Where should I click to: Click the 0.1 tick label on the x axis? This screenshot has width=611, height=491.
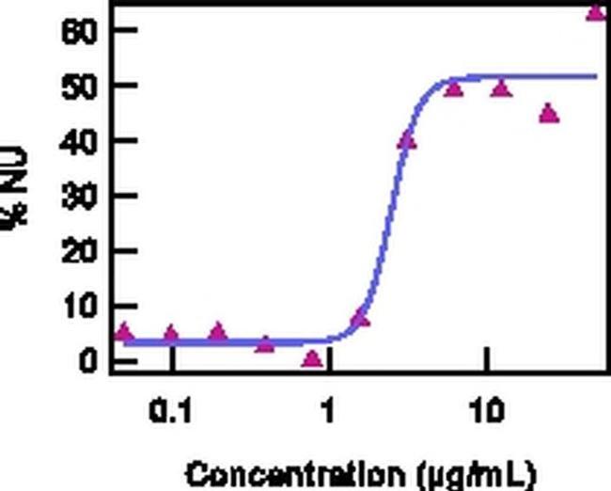click(x=172, y=411)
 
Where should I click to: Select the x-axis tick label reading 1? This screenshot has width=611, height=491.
click(x=328, y=411)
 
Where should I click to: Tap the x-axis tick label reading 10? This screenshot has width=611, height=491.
click(x=486, y=411)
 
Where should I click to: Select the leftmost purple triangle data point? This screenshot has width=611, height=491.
click(x=124, y=333)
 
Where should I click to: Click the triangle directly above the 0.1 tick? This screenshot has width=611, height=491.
click(x=171, y=334)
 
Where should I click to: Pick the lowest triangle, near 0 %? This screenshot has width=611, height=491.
click(x=313, y=358)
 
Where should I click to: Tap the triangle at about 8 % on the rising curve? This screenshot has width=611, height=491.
click(x=360, y=319)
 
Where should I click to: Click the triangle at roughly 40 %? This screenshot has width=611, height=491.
click(x=407, y=141)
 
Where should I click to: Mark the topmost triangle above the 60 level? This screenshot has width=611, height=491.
click(x=596, y=12)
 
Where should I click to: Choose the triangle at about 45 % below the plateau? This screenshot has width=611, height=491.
click(x=549, y=115)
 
